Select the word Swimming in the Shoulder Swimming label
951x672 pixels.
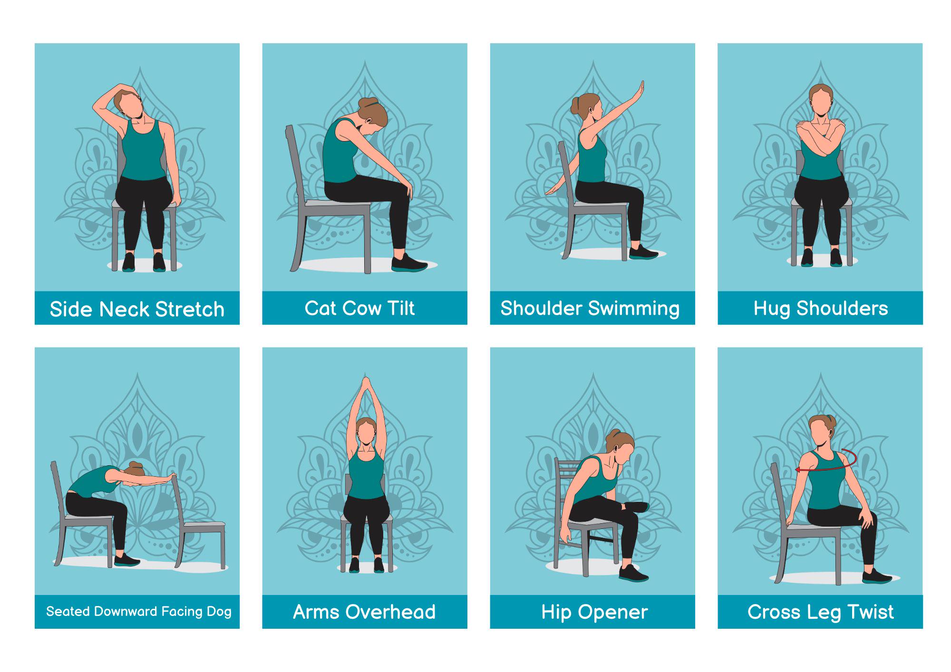(634, 308)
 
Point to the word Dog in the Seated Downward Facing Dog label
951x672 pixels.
(219, 611)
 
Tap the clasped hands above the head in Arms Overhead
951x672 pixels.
(365, 384)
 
